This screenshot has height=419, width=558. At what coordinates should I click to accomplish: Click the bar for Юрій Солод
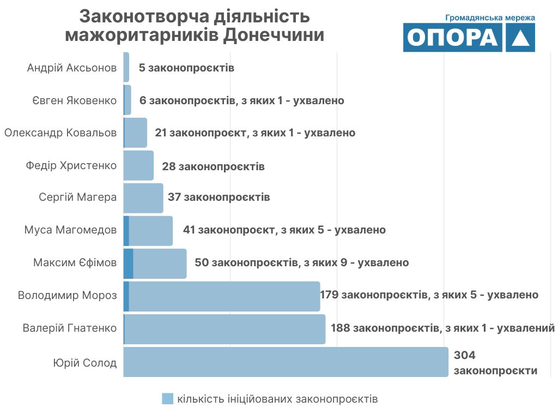(286, 362)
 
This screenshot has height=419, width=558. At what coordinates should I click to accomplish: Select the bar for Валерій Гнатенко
(225, 329)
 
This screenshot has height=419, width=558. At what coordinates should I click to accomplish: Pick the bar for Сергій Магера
(143, 197)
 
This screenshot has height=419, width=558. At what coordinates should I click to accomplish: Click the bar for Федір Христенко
(138, 165)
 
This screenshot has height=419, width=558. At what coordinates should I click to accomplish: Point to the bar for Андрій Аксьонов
(126, 67)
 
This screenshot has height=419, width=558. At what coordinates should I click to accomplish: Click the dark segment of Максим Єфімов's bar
(129, 264)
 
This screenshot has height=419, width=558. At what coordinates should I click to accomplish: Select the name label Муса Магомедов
(70, 230)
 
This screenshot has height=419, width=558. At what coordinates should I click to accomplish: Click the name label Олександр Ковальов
(60, 133)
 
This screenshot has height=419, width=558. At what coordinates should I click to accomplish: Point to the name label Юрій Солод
(84, 363)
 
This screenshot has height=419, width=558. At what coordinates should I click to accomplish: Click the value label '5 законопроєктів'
(186, 68)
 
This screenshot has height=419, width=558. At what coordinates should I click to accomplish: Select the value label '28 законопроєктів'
(213, 166)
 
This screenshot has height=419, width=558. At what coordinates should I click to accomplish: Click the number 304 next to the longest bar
(465, 356)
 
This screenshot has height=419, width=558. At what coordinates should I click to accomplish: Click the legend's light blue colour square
(168, 399)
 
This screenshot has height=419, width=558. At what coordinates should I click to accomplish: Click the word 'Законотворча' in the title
(143, 16)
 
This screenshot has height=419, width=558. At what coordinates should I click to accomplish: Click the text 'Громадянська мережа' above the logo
(490, 17)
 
